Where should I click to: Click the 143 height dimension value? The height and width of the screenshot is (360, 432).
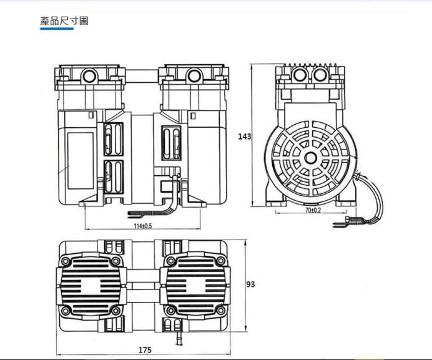click(244, 136)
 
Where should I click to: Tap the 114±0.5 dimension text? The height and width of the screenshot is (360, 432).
click(143, 226)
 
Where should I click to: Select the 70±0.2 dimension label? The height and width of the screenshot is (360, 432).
click(313, 210)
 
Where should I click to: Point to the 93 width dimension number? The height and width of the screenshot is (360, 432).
click(251, 284)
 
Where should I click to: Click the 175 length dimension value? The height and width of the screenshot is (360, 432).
click(145, 350)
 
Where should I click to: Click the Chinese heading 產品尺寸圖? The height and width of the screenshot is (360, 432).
click(64, 21)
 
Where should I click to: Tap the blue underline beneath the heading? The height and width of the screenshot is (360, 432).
click(57, 28)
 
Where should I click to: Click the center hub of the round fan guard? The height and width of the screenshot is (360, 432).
click(311, 158)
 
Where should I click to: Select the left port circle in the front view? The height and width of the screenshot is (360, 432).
click(89, 75)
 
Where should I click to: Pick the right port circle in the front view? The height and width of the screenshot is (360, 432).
click(194, 75)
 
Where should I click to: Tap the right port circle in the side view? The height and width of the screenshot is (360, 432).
click(321, 75)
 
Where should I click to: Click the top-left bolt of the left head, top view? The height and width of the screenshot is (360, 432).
click(65, 261)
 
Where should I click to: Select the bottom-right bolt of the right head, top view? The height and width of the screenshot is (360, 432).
click(220, 311)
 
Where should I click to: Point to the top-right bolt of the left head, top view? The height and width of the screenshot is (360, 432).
click(115, 261)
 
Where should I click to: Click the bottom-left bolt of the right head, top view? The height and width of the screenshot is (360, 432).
click(171, 311)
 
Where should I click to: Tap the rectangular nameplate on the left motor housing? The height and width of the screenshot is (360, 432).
click(81, 161)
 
